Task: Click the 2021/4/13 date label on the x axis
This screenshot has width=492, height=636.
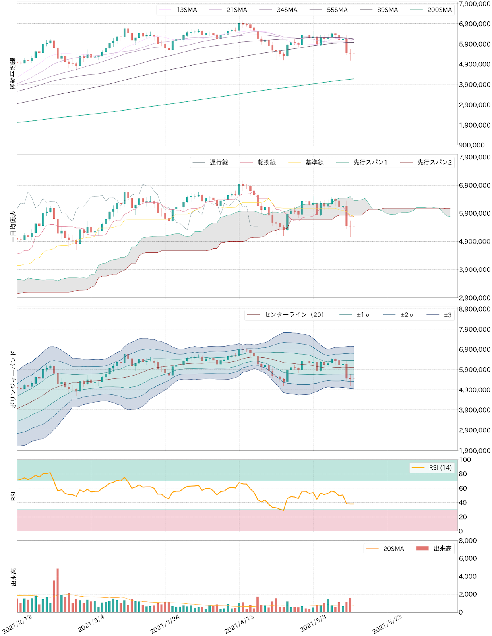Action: click(x=239, y=624)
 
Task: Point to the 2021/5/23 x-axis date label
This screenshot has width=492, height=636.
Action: click(x=387, y=624)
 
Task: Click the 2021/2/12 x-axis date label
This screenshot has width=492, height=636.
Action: click(x=17, y=624)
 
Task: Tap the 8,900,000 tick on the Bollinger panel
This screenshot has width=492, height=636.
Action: click(x=475, y=309)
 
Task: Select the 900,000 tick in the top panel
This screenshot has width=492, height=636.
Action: click(x=472, y=145)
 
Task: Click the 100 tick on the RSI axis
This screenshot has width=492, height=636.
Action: click(x=465, y=460)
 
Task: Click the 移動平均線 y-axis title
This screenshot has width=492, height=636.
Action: click(x=13, y=74)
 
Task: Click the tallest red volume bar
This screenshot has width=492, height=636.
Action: click(x=58, y=590)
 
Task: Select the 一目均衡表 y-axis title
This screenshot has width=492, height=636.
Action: click(x=13, y=226)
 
